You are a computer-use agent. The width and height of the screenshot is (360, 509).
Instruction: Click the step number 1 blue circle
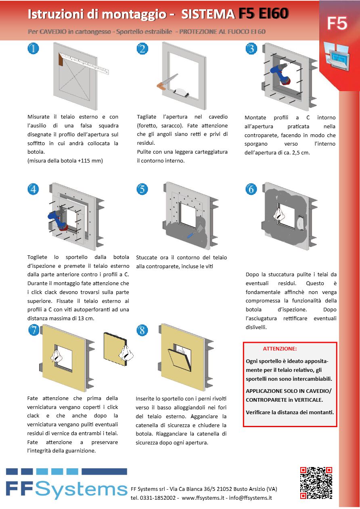pyautogui.click(x=33, y=49)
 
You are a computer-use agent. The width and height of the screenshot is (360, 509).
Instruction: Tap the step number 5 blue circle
pyautogui.click(x=142, y=189)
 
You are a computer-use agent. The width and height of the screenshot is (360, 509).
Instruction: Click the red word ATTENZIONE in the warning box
pyautogui.click(x=280, y=348)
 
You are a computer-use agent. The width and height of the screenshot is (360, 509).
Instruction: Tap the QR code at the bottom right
pyautogui.click(x=316, y=483)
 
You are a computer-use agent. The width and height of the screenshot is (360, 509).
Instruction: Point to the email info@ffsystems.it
pyautogui.click(x=250, y=498)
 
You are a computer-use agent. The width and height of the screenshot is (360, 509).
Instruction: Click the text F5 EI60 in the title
pyautogui.click(x=263, y=14)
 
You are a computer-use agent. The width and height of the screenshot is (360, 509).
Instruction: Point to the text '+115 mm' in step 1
pyautogui.click(x=90, y=161)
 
